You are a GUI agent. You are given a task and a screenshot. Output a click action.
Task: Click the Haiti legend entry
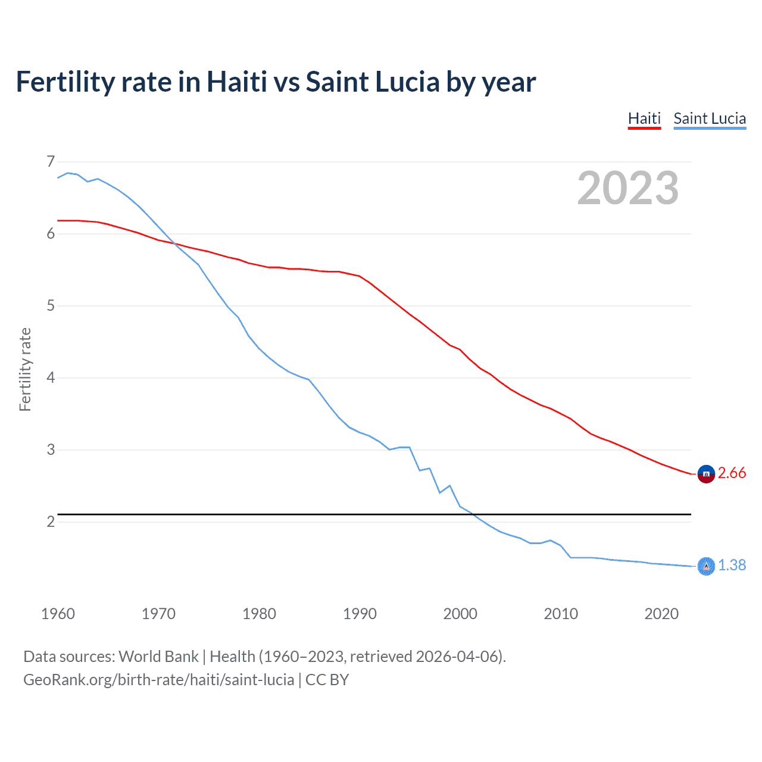pos(644,118)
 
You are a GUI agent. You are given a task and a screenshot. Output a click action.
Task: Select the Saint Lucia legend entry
pos(710,118)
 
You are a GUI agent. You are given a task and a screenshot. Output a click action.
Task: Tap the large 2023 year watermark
pos(627,188)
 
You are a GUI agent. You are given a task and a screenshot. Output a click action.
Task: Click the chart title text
pos(276,82)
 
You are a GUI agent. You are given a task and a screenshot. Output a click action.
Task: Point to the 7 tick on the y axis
pos(51,161)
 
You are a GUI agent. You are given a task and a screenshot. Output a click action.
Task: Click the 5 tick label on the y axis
pos(51,306)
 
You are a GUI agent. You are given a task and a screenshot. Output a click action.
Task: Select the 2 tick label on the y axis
pos(51,521)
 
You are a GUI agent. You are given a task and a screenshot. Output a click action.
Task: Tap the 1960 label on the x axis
pos(58,614)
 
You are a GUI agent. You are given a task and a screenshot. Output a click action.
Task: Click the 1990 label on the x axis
pos(360,614)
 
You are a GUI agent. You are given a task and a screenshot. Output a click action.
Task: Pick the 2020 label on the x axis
pos(661,614)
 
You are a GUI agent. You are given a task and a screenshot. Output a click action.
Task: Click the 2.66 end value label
pos(732,473)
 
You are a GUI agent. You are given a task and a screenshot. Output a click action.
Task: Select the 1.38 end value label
pos(732,565)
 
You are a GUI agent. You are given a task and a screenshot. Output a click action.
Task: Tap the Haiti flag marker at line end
pos(706,474)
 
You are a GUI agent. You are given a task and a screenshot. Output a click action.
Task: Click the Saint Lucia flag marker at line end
pos(706,566)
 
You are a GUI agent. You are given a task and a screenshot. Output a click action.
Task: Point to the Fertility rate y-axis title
pos(25,369)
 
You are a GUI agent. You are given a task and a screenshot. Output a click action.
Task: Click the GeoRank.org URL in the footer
pos(158,680)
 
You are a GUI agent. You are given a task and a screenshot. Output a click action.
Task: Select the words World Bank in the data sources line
pos(158,657)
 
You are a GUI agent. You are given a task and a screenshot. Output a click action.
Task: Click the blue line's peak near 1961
pos(68,173)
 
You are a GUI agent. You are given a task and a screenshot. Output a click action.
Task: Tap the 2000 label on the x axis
pos(460,614)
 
